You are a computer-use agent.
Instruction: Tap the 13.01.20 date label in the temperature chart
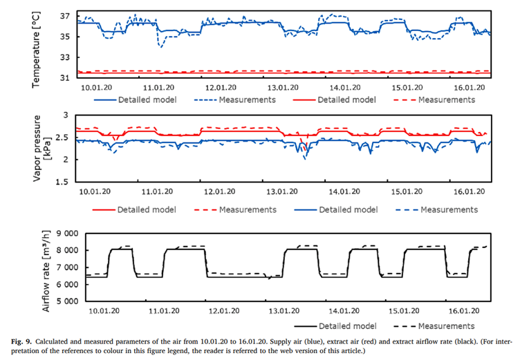[x=283, y=87]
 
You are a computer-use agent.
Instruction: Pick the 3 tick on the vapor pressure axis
[x=66, y=115]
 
